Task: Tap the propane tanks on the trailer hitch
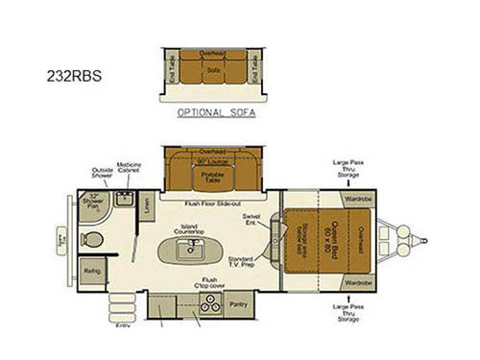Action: coord(415,240)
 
